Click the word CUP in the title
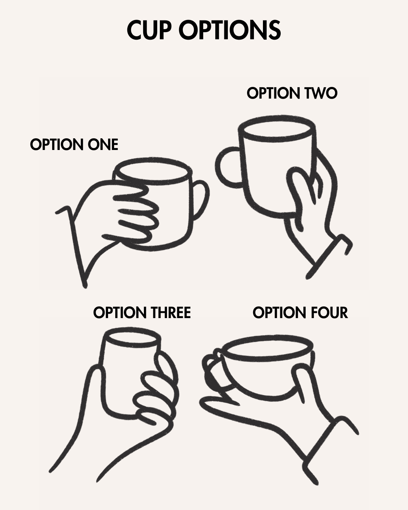(148, 30)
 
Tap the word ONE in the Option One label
(103, 145)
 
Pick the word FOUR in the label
(329, 313)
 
